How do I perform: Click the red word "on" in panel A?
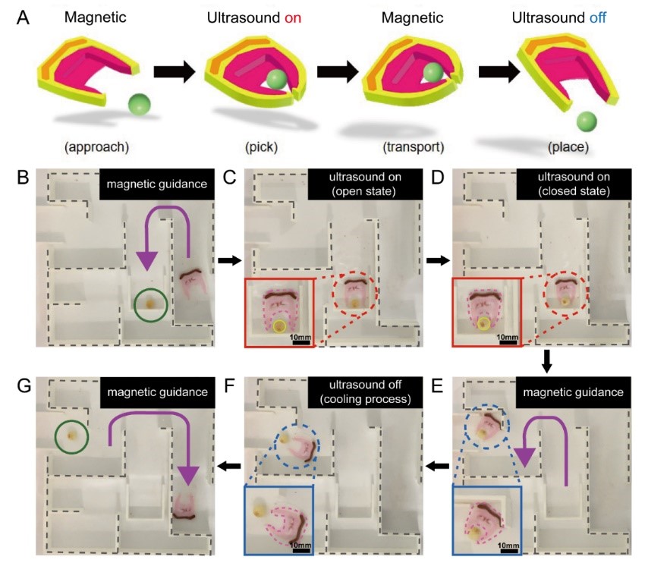[293, 17]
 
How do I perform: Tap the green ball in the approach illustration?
[140, 104]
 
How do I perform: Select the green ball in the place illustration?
[587, 122]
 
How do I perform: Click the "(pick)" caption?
[261, 146]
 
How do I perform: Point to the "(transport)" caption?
[414, 146]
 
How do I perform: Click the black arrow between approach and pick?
[174, 71]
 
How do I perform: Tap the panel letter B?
[23, 177]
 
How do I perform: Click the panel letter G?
[24, 385]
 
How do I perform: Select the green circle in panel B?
[151, 305]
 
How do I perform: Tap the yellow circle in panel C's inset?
[279, 326]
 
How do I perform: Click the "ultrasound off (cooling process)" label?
[365, 392]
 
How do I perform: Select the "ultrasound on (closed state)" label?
[574, 184]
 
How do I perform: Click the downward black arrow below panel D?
[546, 361]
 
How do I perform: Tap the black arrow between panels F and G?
[229, 467]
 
